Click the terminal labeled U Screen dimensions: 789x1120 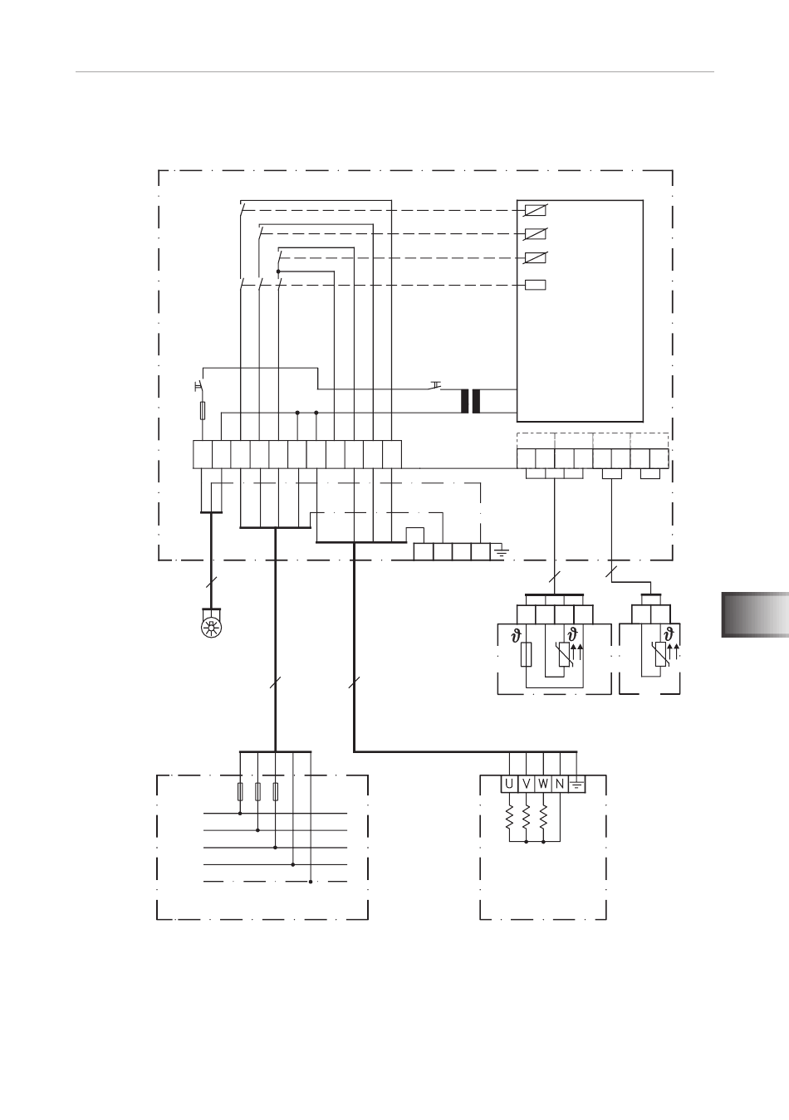(509, 784)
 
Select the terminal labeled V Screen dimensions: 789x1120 (526, 784)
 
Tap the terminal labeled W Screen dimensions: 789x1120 (543, 784)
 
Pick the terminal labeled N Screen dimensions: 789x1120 (560, 784)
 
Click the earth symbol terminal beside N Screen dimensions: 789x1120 (577, 784)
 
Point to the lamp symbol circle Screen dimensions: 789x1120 (212, 628)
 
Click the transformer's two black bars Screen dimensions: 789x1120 (470, 401)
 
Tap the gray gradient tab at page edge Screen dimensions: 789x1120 (755, 614)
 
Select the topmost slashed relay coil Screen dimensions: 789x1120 (536, 211)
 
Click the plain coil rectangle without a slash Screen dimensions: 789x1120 (536, 285)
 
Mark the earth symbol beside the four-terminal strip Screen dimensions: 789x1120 (501, 552)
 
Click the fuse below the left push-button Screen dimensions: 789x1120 (203, 410)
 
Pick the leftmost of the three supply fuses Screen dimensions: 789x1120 (240, 792)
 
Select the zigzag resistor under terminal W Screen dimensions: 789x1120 (543, 817)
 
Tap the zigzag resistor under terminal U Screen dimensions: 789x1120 (509, 817)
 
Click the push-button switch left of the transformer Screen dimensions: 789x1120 (436, 385)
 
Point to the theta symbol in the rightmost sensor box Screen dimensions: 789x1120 (669, 635)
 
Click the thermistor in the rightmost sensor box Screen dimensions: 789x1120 (660, 654)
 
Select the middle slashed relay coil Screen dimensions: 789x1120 (536, 234)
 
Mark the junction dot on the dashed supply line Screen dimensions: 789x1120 (311, 882)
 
